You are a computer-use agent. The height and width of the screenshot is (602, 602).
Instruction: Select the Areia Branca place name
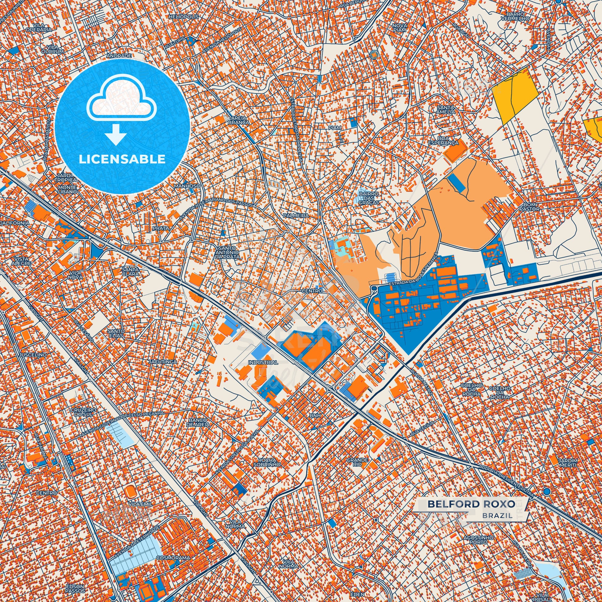pyautogui.click(x=239, y=120)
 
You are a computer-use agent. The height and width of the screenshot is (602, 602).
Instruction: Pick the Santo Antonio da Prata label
pyautogui.click(x=228, y=252)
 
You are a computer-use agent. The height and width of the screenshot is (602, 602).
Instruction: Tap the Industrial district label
pyautogui.click(x=263, y=363)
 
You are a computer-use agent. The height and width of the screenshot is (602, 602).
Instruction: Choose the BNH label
pyautogui.click(x=315, y=416)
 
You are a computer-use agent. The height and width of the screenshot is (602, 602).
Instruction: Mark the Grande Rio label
pyautogui.click(x=358, y=462)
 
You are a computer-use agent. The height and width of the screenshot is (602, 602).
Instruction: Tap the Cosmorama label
pyautogui.click(x=168, y=557)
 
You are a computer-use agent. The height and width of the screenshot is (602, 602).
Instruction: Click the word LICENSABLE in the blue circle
pyautogui.click(x=122, y=159)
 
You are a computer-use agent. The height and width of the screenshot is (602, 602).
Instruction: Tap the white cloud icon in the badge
pyautogui.click(x=122, y=97)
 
